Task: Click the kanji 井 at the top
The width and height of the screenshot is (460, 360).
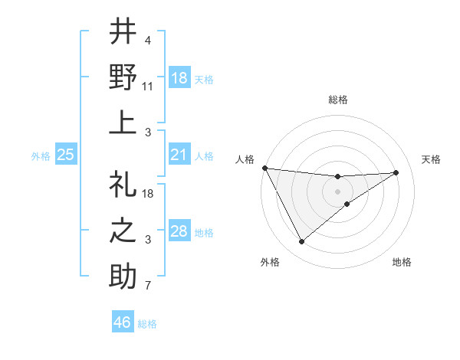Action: pos(123,32)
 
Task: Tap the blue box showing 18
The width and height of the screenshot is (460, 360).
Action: pos(179,77)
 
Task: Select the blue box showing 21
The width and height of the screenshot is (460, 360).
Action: pos(179,155)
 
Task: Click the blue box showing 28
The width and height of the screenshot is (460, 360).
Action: pos(179,231)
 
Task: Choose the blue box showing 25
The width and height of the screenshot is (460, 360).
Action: pos(66,155)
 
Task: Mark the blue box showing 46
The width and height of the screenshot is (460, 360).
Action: pos(123,322)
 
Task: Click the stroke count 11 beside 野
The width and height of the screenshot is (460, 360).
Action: pos(148,87)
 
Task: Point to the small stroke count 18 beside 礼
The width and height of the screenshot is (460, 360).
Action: pos(148,194)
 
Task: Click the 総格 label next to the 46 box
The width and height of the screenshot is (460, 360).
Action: pos(147,324)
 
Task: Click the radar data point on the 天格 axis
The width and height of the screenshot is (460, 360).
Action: pos(396,172)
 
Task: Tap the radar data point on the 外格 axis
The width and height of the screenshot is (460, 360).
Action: pos(301,242)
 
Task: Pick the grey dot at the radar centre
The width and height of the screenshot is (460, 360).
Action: pos(338,191)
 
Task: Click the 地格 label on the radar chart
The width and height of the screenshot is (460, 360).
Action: pos(402,263)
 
